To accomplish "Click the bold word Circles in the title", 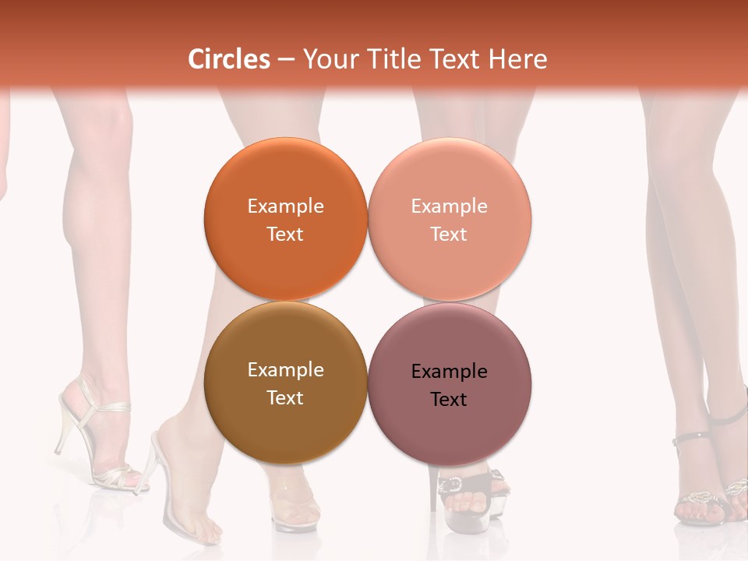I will [228, 59].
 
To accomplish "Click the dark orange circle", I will [285, 179].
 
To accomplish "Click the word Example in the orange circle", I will [285, 206].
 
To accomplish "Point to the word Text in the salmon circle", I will [449, 234].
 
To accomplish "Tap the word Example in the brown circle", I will [285, 369].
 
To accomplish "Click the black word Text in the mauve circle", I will [449, 399].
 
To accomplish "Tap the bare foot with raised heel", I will [187, 499].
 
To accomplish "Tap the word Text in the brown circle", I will [285, 397].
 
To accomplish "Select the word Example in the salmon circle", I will [449, 206].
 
